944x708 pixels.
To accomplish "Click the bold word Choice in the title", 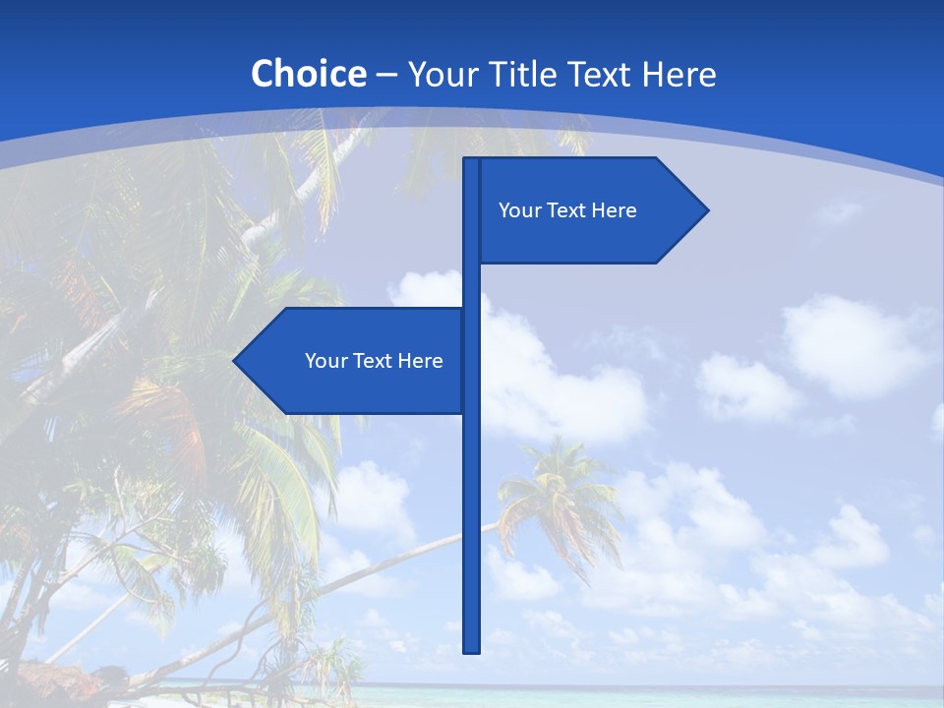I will coord(308,75).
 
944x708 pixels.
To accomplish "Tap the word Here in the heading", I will coord(678,75).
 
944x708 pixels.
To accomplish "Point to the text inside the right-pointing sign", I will coord(567,210).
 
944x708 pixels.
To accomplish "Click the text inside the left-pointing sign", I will coord(374,361).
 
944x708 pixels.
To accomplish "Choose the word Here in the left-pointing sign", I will coord(420,361).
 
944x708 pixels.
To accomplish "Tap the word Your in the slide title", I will coord(438,75).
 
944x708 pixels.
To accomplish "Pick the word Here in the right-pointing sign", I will coord(614,210).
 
